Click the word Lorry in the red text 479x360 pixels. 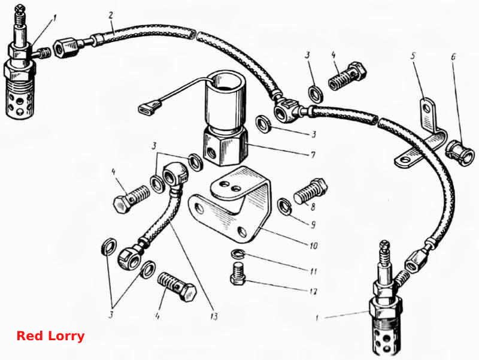click(x=66, y=336)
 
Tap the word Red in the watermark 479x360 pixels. click(x=29, y=336)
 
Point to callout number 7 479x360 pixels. click(x=313, y=156)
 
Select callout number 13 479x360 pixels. click(x=214, y=316)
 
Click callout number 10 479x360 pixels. click(x=313, y=245)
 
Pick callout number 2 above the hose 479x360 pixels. click(x=111, y=15)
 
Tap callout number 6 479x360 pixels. click(x=453, y=57)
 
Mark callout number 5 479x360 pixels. click(x=413, y=56)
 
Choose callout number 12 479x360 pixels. click(x=313, y=291)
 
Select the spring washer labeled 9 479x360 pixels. click(x=285, y=207)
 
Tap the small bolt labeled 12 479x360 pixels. click(x=238, y=274)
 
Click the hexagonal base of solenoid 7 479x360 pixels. click(x=225, y=148)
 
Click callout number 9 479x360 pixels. click(x=313, y=225)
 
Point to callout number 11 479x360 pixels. click(x=313, y=271)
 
